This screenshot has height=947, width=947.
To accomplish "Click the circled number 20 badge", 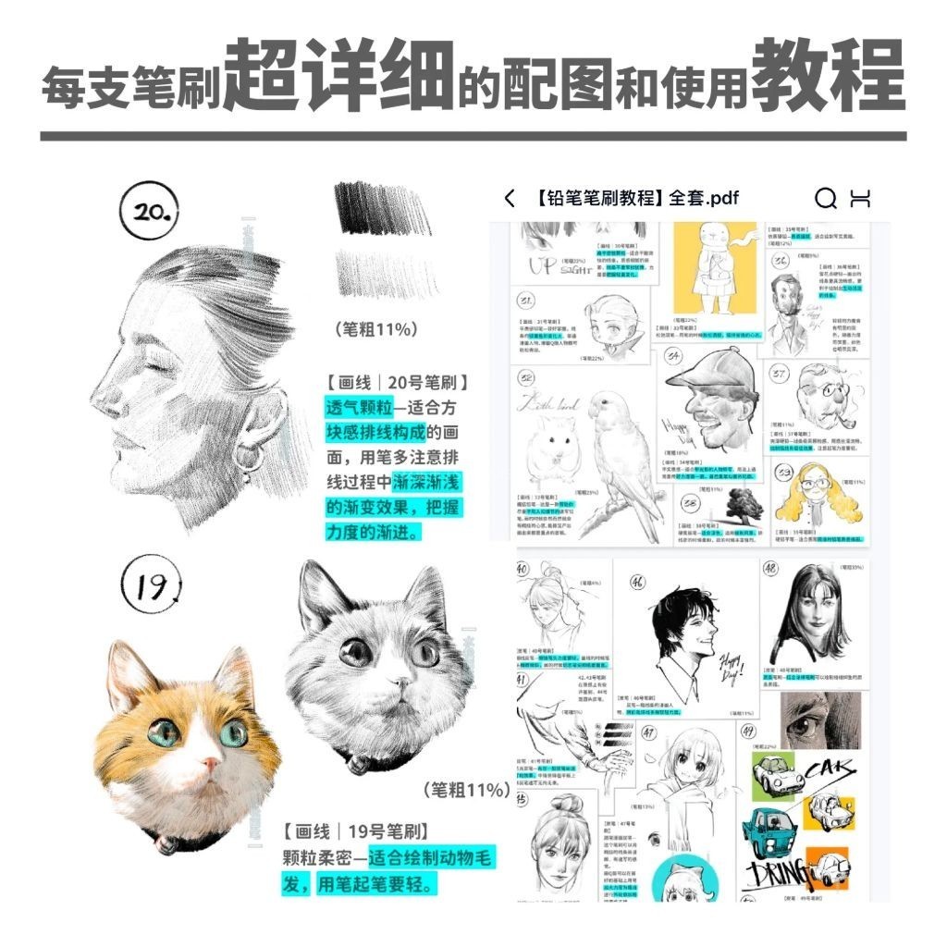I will [147, 213].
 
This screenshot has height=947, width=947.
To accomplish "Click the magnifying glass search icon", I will [825, 198].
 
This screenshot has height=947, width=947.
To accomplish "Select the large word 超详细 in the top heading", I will [339, 77].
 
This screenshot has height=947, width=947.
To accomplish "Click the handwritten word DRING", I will [777, 874].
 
